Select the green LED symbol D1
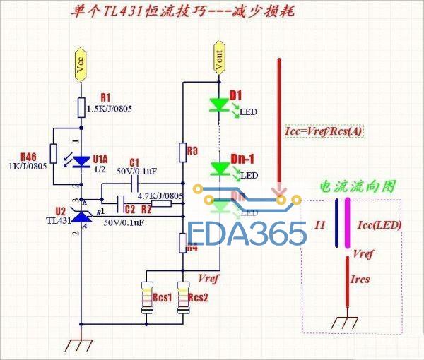point(218,105)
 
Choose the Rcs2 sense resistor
point(183,296)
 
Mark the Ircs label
point(361,280)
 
